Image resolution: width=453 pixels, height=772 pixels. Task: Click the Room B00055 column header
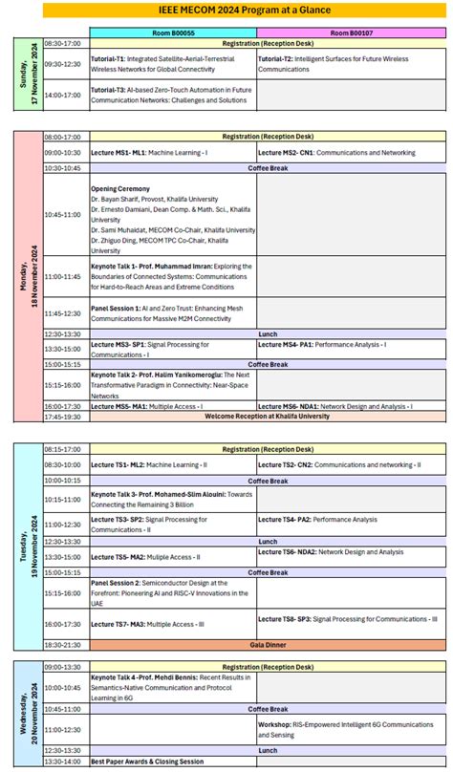click(x=172, y=32)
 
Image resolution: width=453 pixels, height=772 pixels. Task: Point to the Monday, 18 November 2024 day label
click(x=27, y=277)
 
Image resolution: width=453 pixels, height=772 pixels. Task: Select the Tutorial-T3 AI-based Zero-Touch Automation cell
click(x=172, y=95)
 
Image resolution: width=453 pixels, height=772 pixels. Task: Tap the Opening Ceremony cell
click(x=172, y=219)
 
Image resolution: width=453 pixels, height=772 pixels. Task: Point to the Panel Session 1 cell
click(x=172, y=312)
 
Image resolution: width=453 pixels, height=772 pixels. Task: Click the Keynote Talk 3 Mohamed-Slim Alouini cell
click(x=172, y=499)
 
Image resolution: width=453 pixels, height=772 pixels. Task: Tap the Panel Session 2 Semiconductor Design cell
click(x=172, y=593)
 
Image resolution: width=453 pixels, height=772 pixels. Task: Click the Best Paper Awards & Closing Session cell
click(x=172, y=761)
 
